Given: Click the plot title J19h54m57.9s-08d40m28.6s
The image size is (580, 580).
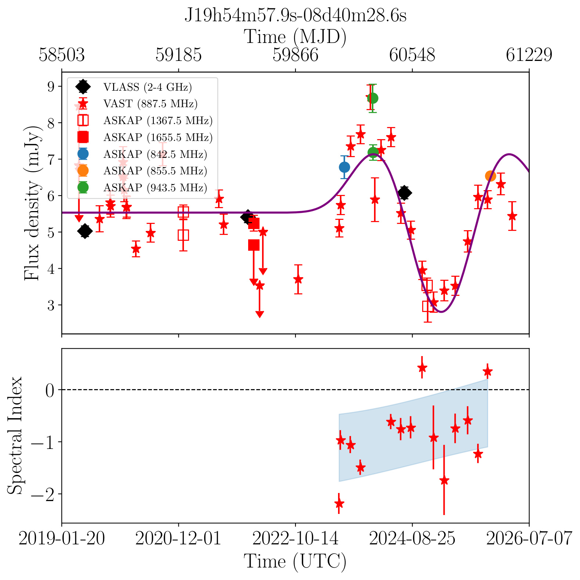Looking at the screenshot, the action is (296, 16).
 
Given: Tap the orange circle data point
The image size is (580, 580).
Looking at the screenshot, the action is (490, 176).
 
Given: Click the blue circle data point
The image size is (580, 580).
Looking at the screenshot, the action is (344, 167).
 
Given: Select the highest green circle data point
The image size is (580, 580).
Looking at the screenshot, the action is (373, 98).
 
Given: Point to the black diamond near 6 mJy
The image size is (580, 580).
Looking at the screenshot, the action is (405, 193).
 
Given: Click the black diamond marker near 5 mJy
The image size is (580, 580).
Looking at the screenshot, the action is (85, 231).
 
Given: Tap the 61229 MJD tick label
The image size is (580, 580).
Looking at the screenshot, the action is (529, 55).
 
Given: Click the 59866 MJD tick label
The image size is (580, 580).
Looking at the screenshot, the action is (296, 55).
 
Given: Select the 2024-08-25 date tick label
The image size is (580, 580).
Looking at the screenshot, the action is (412, 539).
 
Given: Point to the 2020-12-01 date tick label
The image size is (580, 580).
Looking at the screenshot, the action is (178, 539).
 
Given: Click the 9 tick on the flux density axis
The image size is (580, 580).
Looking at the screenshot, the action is (50, 87).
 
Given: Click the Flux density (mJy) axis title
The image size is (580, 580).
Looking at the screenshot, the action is (32, 203).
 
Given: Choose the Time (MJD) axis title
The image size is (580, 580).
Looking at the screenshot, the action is (296, 37).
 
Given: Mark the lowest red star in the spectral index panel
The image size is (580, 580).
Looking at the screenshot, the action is (339, 503).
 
